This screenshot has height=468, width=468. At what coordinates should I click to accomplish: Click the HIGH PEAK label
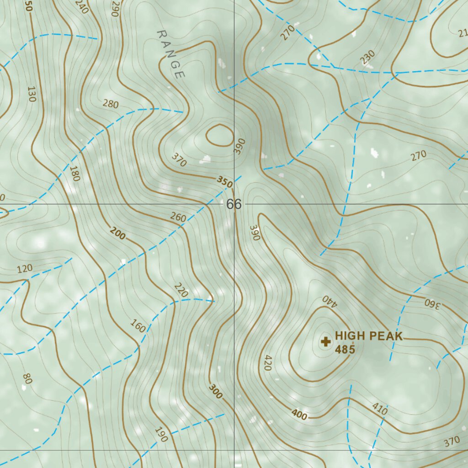coord(368,336)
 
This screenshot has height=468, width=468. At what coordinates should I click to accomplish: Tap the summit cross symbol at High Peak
coord(326,341)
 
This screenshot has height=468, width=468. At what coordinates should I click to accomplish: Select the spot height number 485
coord(345,350)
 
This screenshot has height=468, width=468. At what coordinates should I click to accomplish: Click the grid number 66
coord(234,204)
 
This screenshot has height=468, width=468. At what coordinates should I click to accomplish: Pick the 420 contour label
coord(268,363)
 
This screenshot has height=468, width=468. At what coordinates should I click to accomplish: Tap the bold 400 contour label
coord(299,415)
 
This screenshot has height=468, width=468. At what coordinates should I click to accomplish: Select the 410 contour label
coord(380,410)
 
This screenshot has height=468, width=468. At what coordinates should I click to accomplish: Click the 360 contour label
coord(431,303)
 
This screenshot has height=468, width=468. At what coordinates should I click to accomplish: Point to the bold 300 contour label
coord(216,391)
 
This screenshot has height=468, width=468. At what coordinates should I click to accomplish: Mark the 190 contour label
coord(161,434)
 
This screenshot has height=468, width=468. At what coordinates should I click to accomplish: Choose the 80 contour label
coord(27,379)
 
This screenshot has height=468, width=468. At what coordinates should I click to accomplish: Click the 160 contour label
coord(138,327)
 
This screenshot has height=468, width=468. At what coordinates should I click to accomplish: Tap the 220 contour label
coord(181,290)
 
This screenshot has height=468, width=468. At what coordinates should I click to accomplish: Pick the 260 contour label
coord(178,218)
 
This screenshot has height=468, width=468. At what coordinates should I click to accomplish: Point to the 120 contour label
coord(25,268)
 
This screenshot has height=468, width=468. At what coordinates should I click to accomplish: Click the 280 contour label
coord(111,104)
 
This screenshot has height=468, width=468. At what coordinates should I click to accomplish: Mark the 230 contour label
coord(367,57)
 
